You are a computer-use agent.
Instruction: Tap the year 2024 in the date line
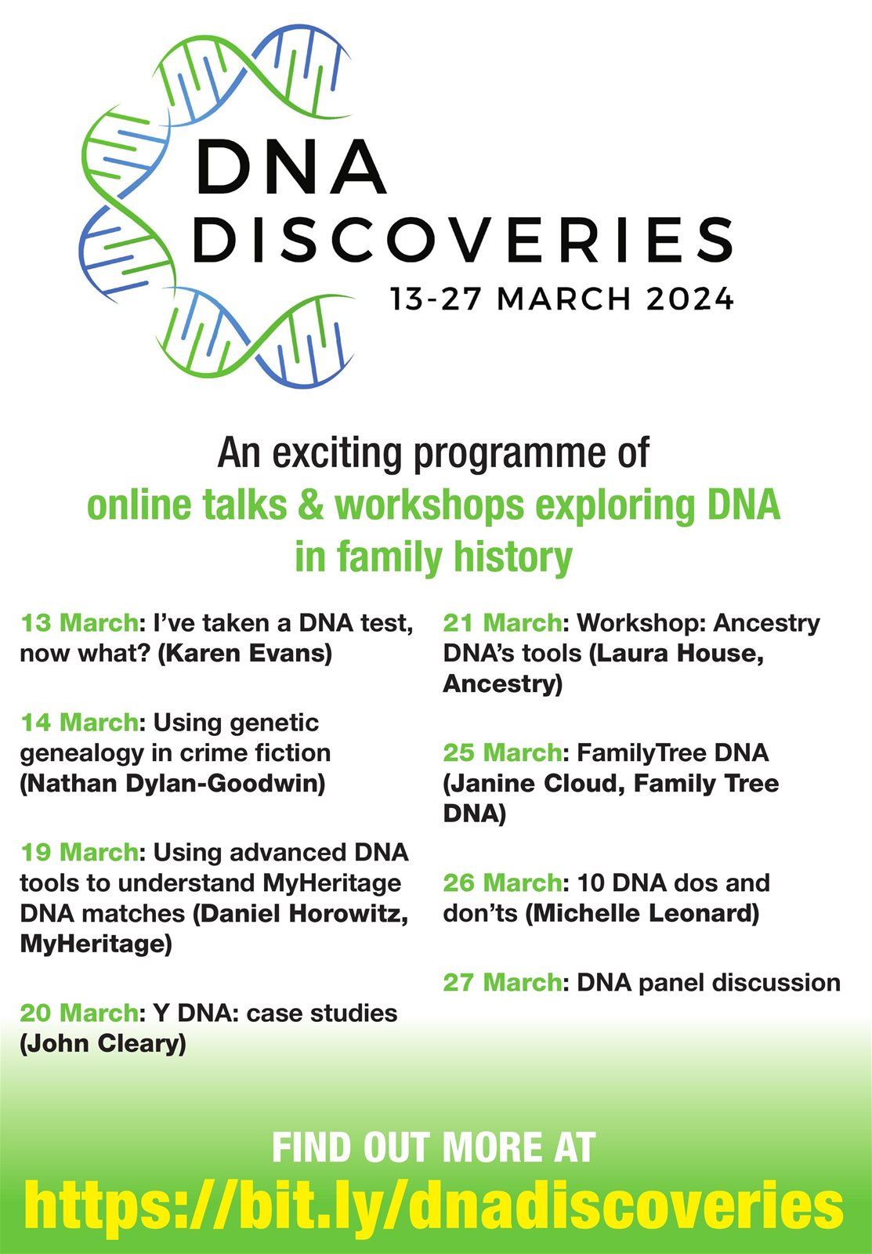tap(689, 299)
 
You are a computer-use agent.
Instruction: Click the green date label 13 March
tap(79, 622)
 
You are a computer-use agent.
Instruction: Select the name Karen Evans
tap(246, 653)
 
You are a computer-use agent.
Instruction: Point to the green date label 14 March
tap(79, 722)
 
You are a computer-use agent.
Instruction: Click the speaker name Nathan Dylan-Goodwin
tap(172, 783)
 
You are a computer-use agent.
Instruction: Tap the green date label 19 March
tap(79, 852)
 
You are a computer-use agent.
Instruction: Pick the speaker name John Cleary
tap(103, 1043)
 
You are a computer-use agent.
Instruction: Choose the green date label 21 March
tap(502, 622)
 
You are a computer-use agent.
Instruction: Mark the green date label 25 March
tap(502, 752)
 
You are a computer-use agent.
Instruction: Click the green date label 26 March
tap(502, 883)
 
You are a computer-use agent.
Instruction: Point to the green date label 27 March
tap(502, 982)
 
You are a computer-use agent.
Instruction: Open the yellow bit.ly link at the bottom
tap(434, 1205)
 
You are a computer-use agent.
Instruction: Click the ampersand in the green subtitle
tap(310, 505)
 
